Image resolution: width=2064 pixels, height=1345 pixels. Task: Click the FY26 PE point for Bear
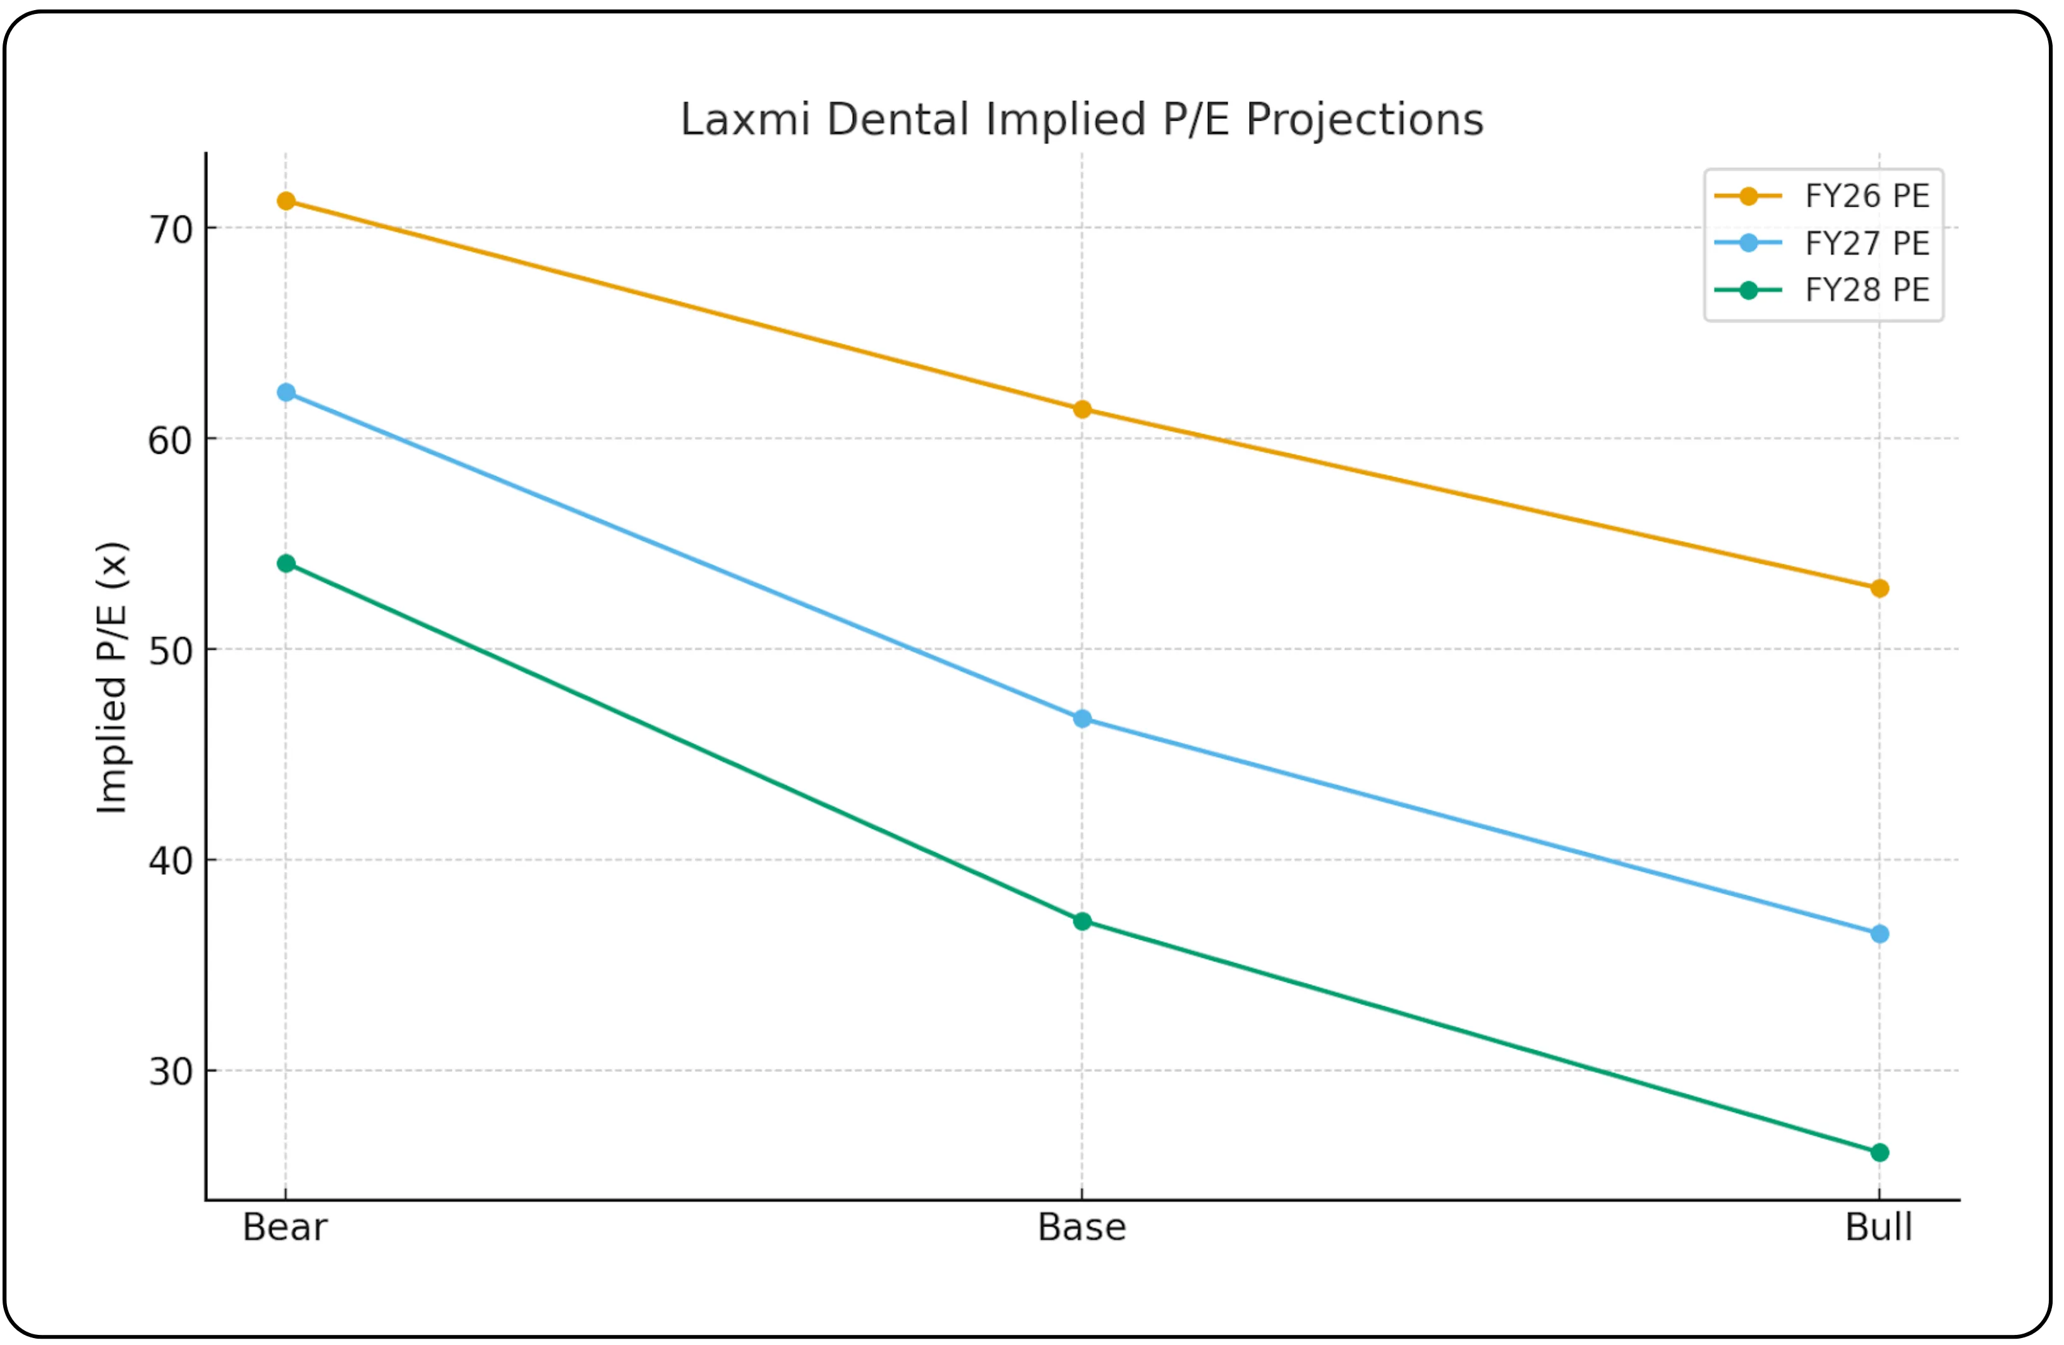[x=286, y=202]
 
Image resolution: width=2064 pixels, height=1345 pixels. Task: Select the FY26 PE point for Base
[x=1082, y=410]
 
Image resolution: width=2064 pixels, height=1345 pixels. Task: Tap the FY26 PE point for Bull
[x=1880, y=588]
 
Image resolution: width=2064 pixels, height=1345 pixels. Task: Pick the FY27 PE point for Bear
[x=286, y=393]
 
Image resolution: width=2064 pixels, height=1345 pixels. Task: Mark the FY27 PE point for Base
[x=1082, y=719]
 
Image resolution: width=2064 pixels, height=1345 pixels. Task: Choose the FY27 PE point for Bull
[x=1880, y=934]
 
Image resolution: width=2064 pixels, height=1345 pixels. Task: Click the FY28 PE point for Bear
[x=286, y=564]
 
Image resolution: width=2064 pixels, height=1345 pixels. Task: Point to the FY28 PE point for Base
[x=1082, y=921]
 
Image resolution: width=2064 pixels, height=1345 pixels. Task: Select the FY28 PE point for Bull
[x=1880, y=1152]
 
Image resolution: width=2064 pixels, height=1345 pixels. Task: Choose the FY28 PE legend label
[x=1867, y=291]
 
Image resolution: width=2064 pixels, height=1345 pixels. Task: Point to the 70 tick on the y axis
[x=171, y=230]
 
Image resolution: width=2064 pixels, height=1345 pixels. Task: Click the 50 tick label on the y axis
[x=171, y=651]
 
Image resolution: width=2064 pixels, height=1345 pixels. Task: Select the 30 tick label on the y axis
[x=171, y=1073]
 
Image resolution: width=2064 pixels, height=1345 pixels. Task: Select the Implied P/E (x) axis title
[x=112, y=678]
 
